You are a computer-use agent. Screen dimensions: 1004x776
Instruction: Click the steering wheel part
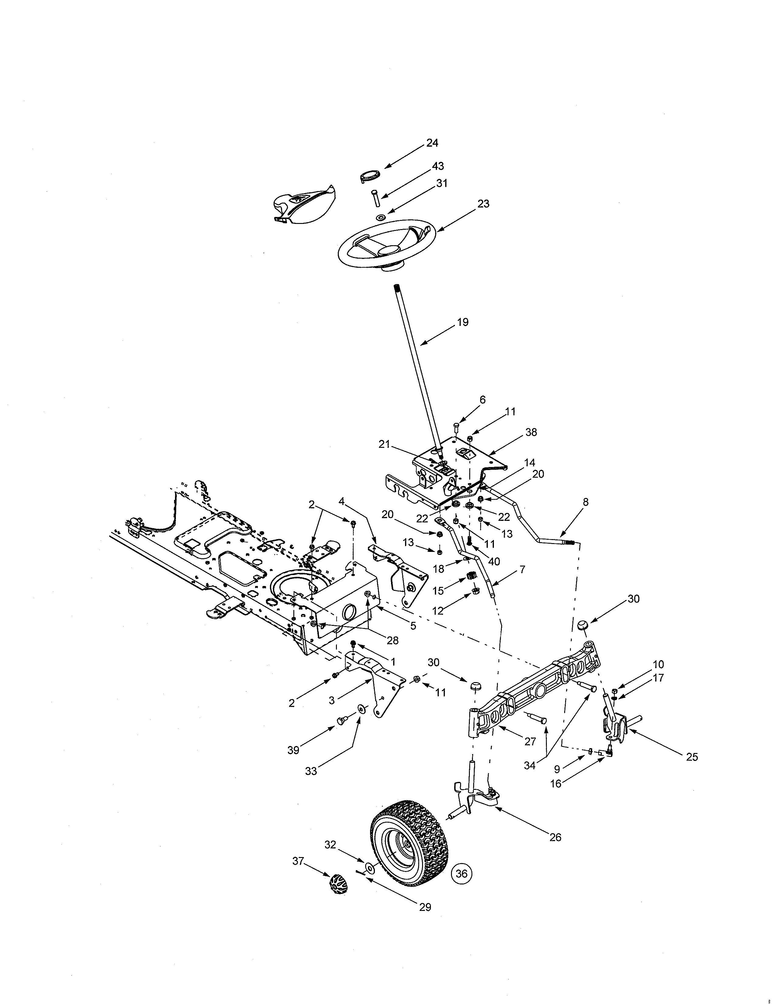point(386,244)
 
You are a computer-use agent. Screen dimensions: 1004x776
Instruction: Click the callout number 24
point(432,143)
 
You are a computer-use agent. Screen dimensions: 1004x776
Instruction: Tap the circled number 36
point(462,873)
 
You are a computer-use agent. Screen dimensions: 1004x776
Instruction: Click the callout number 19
point(463,322)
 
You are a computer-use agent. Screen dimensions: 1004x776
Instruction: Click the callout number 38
point(531,432)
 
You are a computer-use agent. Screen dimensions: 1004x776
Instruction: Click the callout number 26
point(555,837)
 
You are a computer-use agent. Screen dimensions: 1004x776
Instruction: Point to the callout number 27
point(530,741)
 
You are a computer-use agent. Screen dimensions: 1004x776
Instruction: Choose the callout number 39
point(293,750)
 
